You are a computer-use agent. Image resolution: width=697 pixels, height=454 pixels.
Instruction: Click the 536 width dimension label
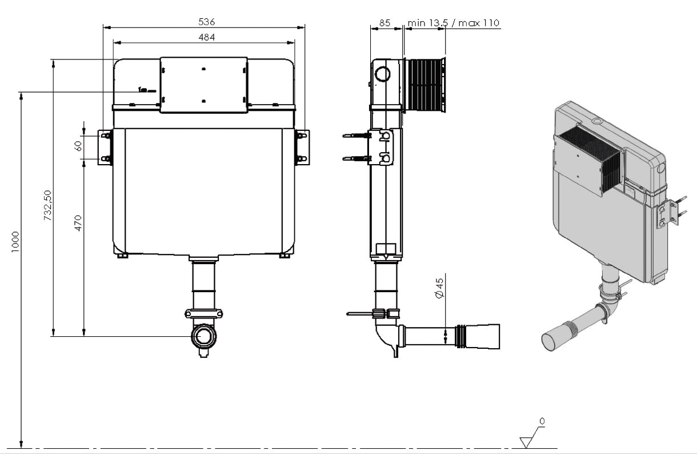click(206, 22)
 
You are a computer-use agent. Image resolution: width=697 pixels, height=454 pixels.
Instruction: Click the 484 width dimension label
click(206, 37)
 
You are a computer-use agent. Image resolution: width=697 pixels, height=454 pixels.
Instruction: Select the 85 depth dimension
click(384, 23)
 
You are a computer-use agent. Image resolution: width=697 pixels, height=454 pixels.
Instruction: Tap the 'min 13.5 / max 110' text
click(453, 23)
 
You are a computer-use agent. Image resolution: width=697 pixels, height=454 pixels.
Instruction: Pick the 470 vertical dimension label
click(78, 223)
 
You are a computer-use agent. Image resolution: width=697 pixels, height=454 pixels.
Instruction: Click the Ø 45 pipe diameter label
click(439, 289)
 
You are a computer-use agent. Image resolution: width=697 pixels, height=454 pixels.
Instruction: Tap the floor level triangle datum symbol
click(526, 441)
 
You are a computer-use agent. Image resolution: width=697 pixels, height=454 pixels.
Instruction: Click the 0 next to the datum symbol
click(542, 421)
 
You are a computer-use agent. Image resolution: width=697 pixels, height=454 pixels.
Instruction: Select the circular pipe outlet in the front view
click(203, 337)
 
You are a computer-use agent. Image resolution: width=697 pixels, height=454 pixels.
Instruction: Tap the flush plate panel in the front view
click(204, 85)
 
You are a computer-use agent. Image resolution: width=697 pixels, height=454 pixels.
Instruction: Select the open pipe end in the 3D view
click(551, 340)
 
